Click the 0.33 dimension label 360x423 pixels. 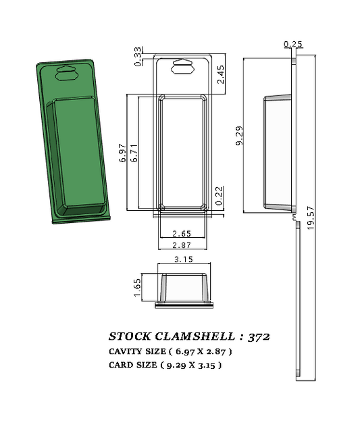click(138, 56)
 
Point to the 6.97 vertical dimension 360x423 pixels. click(123, 153)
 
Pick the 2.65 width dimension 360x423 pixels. click(182, 234)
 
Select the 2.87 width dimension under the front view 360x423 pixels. click(182, 245)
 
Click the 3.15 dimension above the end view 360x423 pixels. click(184, 259)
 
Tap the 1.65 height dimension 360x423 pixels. click(137, 287)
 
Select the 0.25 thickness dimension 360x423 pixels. click(293, 45)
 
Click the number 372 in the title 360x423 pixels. click(260, 336)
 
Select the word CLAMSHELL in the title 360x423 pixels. click(196, 336)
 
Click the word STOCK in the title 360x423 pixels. click(130, 336)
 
